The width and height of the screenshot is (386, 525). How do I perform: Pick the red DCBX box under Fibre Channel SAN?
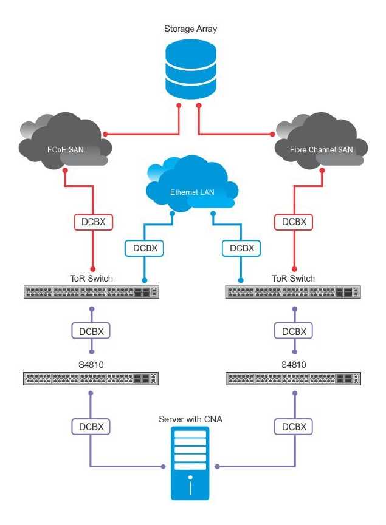coord(294,222)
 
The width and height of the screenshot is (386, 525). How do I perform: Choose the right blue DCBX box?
coord(241,248)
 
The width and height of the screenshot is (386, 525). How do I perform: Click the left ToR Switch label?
coord(91,279)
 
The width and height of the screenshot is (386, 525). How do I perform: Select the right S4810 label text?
coord(294,365)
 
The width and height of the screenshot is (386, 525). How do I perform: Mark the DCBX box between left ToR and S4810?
coord(91,331)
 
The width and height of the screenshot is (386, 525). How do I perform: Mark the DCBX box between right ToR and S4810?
coord(294,331)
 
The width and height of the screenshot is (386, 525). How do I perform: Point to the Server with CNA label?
coord(191,419)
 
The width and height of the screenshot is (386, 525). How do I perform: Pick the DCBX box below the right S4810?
coord(294,427)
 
